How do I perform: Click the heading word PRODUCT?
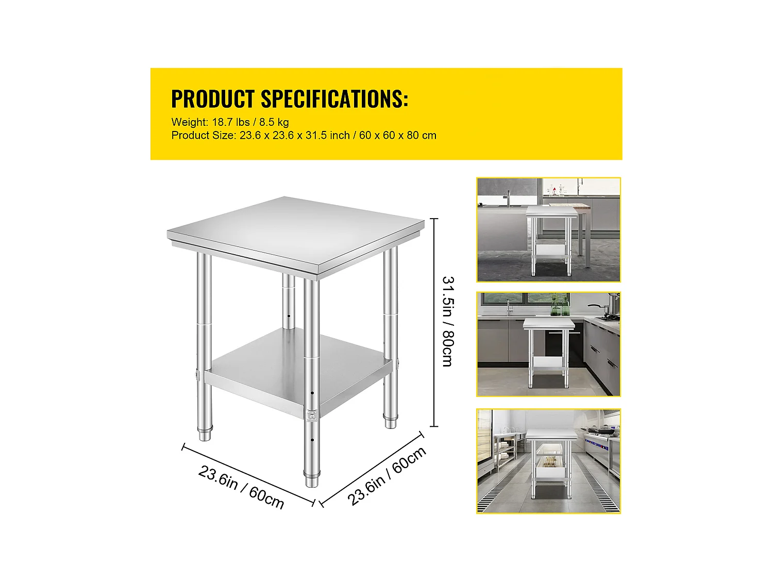pyautogui.click(x=212, y=99)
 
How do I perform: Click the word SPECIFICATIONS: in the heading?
pyautogui.click(x=334, y=99)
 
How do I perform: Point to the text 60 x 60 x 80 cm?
pyautogui.click(x=398, y=136)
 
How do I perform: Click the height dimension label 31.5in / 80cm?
pyautogui.click(x=448, y=322)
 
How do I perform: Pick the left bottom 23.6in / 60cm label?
pyautogui.click(x=241, y=487)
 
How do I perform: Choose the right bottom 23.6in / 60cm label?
pyautogui.click(x=387, y=475)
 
